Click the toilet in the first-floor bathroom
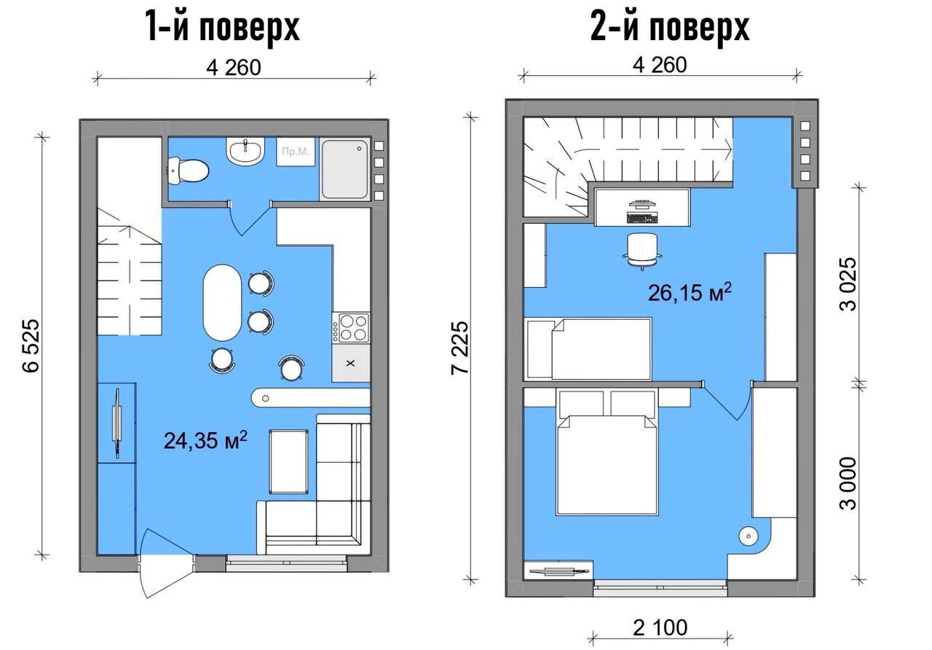[x=187, y=171]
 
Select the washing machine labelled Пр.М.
[x=296, y=152]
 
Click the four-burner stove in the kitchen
[x=350, y=327]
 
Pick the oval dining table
[x=222, y=303]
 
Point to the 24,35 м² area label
[x=205, y=440]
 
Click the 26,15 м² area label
[x=690, y=292]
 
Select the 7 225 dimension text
[x=460, y=348]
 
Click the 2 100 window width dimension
[x=660, y=627]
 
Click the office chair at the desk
[x=642, y=251]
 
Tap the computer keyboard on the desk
[x=643, y=217]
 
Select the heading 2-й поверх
[x=670, y=27]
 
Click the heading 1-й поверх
[x=223, y=27]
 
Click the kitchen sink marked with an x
[x=351, y=363]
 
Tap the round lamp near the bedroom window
[x=749, y=536]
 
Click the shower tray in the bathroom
[x=344, y=169]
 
